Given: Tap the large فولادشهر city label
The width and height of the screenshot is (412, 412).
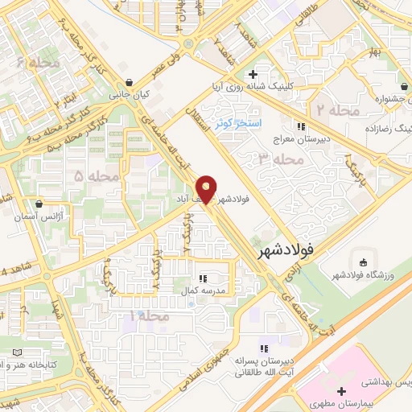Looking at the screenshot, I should click(285, 252).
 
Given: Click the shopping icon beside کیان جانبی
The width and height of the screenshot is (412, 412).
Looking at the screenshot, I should click(130, 82).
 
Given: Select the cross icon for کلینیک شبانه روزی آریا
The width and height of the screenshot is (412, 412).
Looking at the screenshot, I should click(253, 74).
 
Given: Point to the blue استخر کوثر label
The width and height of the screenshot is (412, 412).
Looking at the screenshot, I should click(238, 122).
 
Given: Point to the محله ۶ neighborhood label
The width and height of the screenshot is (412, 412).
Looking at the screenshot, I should click(37, 62).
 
